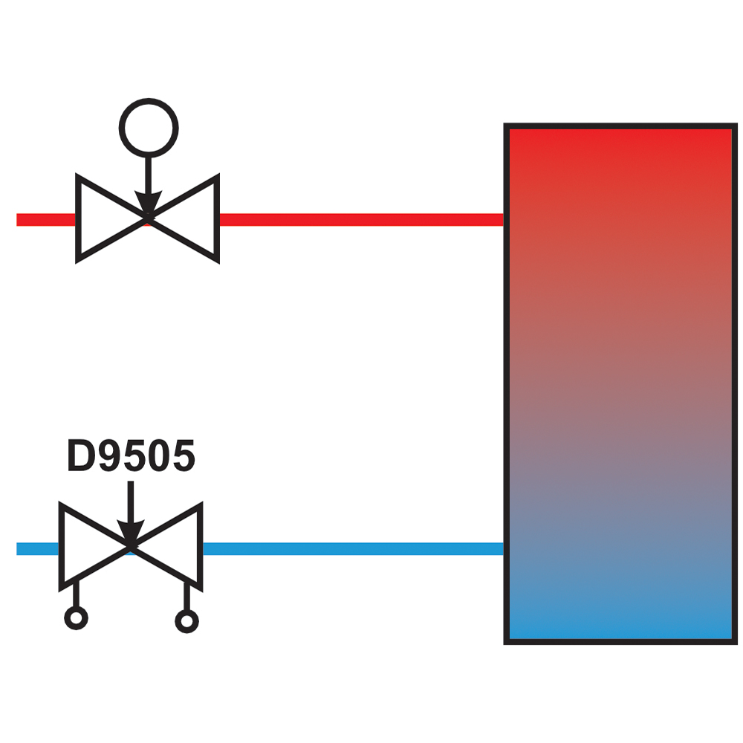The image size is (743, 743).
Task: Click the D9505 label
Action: point(132,455)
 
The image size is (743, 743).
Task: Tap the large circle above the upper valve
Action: point(149,100)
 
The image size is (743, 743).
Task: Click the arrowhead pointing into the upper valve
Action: point(149,202)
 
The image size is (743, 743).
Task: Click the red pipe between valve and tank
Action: point(362,219)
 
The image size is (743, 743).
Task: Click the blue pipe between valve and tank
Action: point(354,549)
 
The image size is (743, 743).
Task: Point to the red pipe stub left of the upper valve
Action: point(46,219)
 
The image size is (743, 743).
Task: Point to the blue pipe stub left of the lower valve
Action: point(38,549)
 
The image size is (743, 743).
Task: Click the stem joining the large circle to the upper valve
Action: point(149,175)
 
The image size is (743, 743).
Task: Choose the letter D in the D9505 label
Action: point(82,455)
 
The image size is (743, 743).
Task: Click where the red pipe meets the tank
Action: point(504,219)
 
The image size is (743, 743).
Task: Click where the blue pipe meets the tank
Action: point(504,549)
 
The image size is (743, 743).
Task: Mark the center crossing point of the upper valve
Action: point(149,217)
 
